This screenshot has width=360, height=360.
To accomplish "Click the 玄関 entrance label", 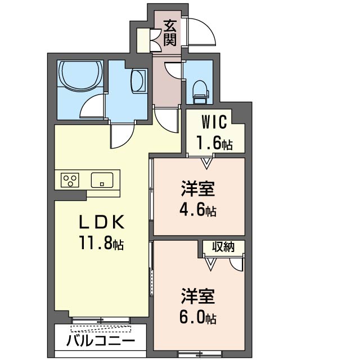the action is pos(170,33).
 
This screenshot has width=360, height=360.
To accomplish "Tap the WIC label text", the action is pos(214,122).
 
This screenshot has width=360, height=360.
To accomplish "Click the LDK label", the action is pos(101,222).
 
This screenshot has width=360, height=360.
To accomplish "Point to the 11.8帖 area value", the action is pos(101,243).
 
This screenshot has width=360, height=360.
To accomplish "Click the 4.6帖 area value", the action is pos(198,210).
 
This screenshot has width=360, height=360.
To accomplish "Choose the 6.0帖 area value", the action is pos(198,318).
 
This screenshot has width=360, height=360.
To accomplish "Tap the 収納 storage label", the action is pos(223,247).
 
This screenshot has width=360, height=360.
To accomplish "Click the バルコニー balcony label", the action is pos(101,340).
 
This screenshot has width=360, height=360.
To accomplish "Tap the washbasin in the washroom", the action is pos(139,81).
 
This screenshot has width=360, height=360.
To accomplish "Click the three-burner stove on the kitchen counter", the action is pos(70,180).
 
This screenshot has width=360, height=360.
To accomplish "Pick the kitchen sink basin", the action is pos(102,180).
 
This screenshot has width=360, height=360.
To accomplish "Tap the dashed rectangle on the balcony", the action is pos(101,328).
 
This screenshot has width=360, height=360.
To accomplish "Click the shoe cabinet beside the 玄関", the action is pos(143,40).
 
